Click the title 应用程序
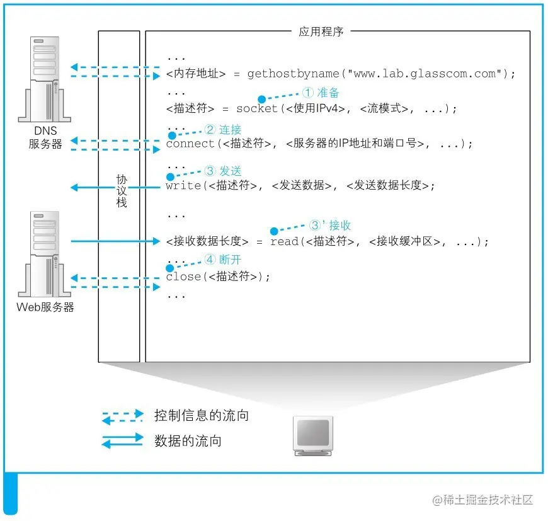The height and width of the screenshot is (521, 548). pyautogui.click(x=321, y=31)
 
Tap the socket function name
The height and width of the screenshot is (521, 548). pyautogui.click(x=256, y=108)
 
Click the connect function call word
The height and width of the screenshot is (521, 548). pyautogui.click(x=190, y=144)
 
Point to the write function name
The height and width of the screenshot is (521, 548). pyautogui.click(x=183, y=186)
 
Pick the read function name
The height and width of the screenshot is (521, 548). pyautogui.click(x=284, y=241)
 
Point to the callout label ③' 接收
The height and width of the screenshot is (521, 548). pyautogui.click(x=330, y=226)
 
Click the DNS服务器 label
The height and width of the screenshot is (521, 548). pyautogui.click(x=45, y=137)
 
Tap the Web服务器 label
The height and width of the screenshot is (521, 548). pyautogui.click(x=45, y=307)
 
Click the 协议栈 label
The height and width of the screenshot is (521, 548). pyautogui.click(x=122, y=191)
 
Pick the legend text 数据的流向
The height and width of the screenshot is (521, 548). pyautogui.click(x=188, y=441)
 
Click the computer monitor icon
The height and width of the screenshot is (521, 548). pyautogui.click(x=313, y=435)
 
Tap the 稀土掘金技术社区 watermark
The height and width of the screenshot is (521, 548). pyautogui.click(x=483, y=500)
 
